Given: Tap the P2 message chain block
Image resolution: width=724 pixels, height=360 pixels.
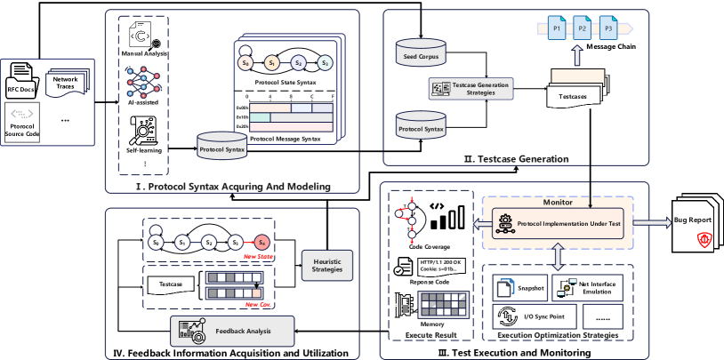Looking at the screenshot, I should pyautogui.click(x=581, y=28).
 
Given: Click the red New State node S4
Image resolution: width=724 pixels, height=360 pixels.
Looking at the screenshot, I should pyautogui.click(x=261, y=241).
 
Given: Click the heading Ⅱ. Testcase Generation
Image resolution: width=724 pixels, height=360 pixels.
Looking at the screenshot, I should pyautogui.click(x=516, y=159).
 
